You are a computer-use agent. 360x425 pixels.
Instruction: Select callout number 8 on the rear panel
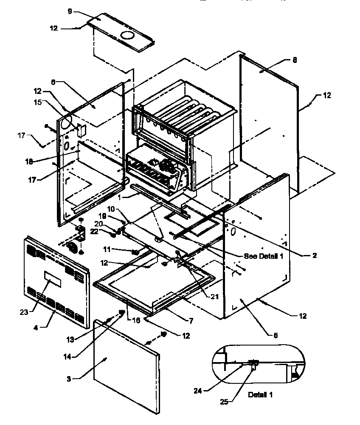click(x=295, y=60)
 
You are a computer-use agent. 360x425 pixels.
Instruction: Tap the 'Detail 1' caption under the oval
click(x=261, y=394)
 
